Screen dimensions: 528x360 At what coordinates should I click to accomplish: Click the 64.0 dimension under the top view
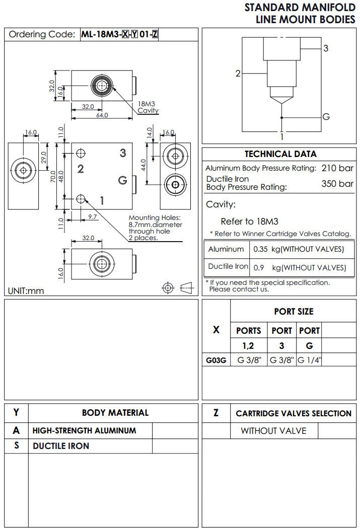coord(102,115)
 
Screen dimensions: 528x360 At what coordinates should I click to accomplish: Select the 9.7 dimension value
coord(93,216)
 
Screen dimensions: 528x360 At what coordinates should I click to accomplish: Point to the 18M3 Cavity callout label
coord(148,107)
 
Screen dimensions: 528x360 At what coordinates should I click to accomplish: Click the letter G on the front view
coord(122,180)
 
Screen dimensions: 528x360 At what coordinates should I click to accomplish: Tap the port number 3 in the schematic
coord(326,48)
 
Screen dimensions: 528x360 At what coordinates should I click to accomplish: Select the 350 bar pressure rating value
coord(337,184)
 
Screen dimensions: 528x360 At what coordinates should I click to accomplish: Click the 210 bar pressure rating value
coord(337,168)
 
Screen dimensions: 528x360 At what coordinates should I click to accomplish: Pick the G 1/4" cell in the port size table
coord(309,360)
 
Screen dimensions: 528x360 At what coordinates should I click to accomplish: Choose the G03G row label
coord(216,360)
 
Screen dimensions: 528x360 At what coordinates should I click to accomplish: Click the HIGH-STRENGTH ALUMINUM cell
coord(84,431)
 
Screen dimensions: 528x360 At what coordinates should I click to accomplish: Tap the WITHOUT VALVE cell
coord(273,431)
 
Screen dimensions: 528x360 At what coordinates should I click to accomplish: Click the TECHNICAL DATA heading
coord(280,154)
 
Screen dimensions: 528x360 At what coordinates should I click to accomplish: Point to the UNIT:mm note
coord(26,291)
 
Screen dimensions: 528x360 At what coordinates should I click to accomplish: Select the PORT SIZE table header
coord(294,312)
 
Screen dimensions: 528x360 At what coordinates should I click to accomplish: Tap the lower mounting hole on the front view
coord(81,200)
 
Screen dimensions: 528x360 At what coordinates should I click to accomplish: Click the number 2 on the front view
coord(80,169)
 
